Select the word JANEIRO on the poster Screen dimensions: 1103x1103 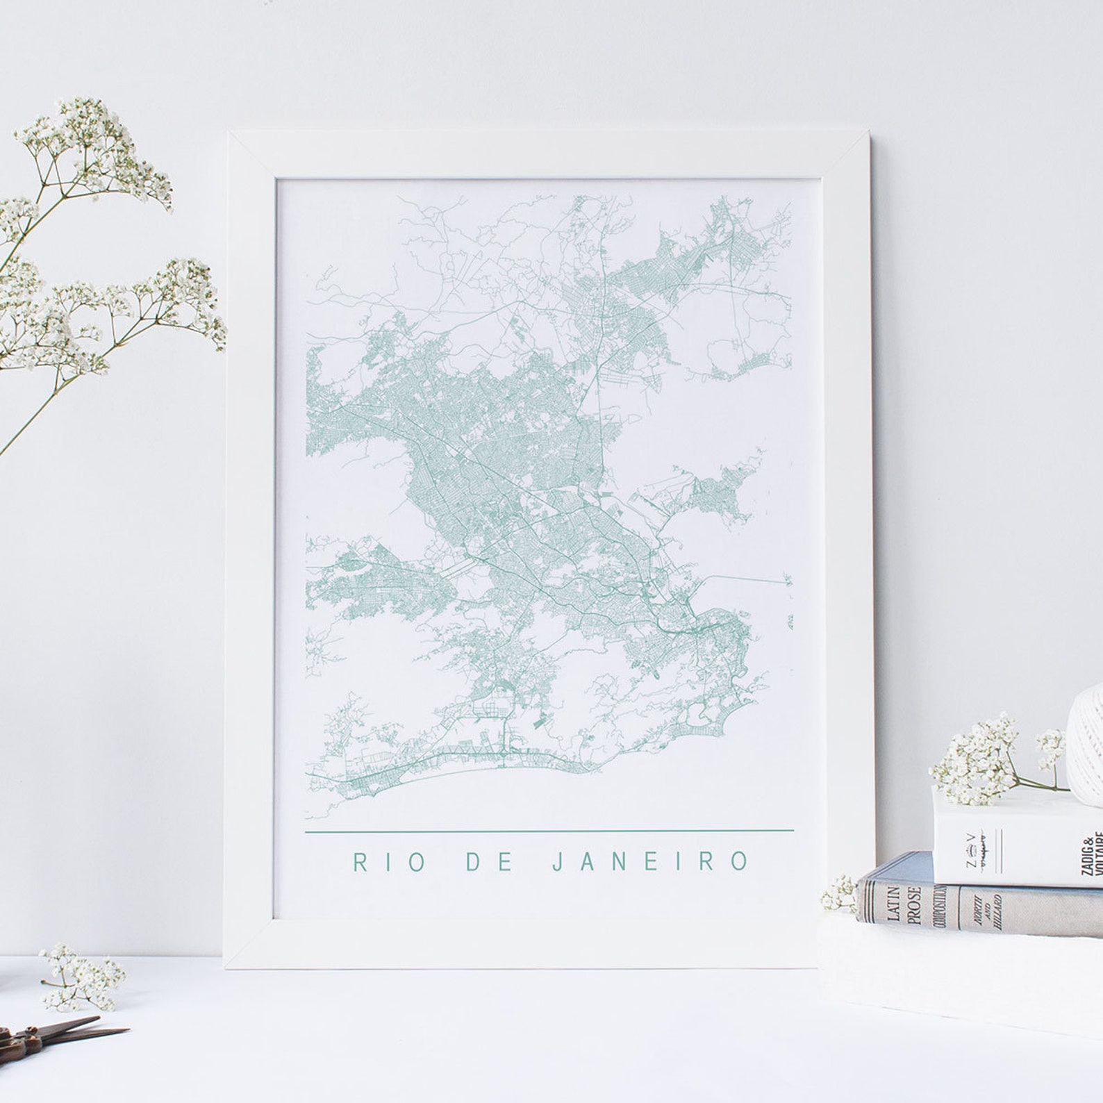pos(650,862)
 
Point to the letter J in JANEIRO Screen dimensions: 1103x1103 pos(556,862)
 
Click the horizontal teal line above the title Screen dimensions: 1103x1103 pos(549,830)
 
